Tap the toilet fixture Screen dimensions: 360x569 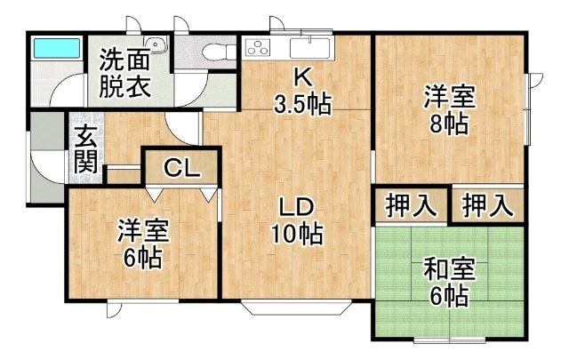coord(209,52)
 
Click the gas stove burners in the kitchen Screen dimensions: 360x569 coord(260,46)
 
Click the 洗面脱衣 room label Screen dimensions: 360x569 coord(124,75)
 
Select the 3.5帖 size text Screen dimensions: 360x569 coord(301,104)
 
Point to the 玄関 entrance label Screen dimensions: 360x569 coord(85,149)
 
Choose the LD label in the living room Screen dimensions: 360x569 coord(294,207)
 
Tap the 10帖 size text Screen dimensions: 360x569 coord(296,236)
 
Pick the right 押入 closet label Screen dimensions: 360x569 coord(488,205)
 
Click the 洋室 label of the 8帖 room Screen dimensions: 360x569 coord(448,95)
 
